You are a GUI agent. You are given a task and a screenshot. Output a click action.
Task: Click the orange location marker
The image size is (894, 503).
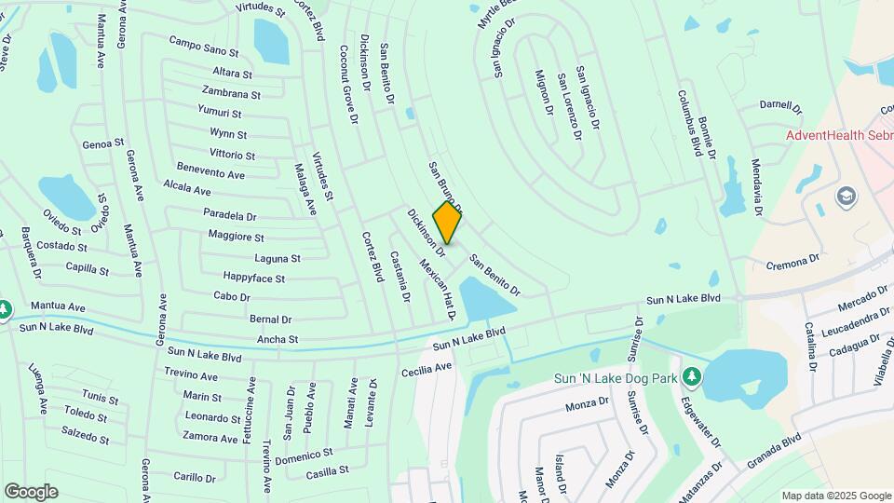coord(448,223)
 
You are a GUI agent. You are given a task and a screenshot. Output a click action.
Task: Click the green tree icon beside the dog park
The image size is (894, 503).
coord(691,375)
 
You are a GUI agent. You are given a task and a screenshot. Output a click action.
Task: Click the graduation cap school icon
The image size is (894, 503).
coord(846,196)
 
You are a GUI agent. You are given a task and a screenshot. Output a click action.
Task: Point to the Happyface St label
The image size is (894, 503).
coord(254,278)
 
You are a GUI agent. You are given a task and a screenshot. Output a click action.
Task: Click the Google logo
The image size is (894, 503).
coord(31,491)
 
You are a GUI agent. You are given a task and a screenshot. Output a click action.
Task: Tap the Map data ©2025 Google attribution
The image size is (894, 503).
coord(836,496)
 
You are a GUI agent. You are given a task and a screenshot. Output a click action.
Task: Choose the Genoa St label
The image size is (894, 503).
coord(102,144)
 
